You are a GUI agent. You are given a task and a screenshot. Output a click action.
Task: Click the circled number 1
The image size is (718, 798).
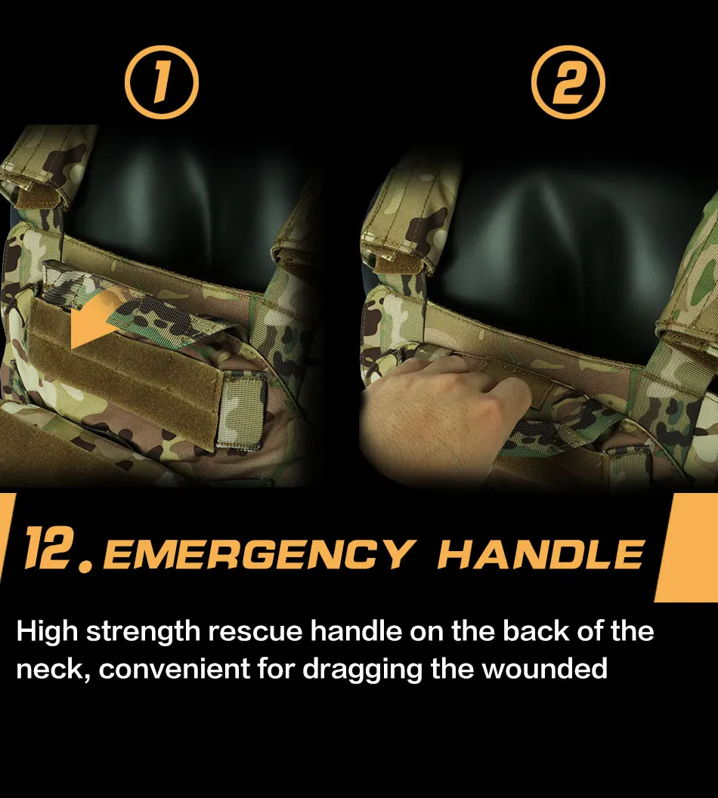pyautogui.click(x=161, y=82)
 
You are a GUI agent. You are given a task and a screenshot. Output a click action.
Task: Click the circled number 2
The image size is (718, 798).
pyautogui.click(x=568, y=82)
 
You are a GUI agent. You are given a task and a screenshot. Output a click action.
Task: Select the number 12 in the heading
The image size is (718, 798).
pyautogui.click(x=48, y=549)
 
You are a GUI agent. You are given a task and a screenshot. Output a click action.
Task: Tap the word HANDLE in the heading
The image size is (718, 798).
pyautogui.click(x=540, y=554)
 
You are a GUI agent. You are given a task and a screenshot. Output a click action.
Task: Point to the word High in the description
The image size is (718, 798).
pyautogui.click(x=47, y=632)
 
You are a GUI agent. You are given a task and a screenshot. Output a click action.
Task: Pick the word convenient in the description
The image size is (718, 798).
pyautogui.click(x=177, y=669)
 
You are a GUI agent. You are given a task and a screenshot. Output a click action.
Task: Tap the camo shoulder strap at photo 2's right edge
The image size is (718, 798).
pyautogui.click(x=692, y=302)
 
